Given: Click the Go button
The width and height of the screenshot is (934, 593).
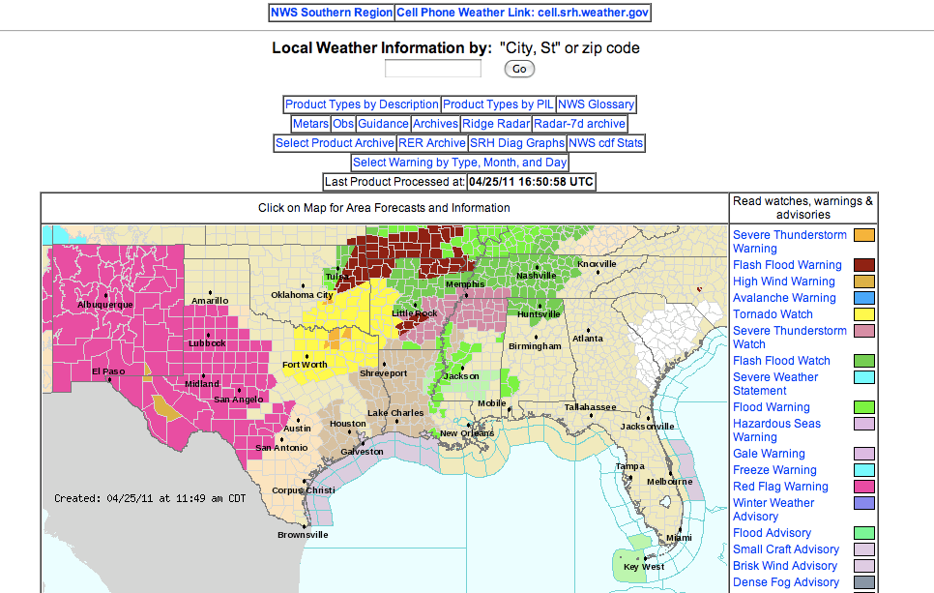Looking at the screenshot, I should click(519, 69).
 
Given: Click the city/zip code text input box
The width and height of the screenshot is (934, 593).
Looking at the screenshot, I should click(432, 69).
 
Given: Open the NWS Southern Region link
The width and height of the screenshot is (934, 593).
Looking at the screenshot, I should click(332, 13).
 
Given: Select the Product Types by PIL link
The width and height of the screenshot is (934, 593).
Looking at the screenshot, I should click(498, 104).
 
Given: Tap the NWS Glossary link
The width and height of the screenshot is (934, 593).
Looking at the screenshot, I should click(597, 104).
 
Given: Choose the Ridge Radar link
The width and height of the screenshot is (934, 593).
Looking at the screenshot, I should click(495, 124).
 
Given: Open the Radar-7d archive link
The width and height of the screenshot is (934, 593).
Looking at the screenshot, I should click(579, 124).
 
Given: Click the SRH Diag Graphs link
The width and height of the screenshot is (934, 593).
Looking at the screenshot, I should click(516, 143).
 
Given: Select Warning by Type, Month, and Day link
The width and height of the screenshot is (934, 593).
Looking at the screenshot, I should click(459, 163).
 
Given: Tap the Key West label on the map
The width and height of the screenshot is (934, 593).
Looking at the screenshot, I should click(643, 567).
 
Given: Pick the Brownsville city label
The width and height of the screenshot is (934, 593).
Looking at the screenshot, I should click(303, 535).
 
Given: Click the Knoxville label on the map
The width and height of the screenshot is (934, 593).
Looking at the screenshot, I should click(597, 264).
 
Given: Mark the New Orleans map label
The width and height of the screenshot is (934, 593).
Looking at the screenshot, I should click(468, 433).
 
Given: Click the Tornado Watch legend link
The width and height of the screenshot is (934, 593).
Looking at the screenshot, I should click(773, 314).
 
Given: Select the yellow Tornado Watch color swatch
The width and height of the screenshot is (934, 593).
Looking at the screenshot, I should click(864, 314).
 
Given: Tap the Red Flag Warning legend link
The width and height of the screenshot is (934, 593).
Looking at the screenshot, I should click(780, 487).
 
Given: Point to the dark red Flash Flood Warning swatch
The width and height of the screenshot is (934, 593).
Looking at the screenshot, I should click(864, 265).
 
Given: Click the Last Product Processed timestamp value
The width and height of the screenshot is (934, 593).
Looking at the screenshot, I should click(531, 182).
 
